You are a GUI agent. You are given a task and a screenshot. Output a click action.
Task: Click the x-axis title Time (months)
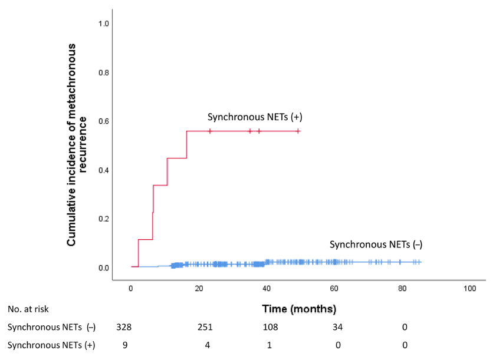point(299,309)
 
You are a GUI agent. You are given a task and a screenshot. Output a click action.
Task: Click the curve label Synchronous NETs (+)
point(254,117)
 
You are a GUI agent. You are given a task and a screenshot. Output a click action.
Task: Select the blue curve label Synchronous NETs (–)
point(376,245)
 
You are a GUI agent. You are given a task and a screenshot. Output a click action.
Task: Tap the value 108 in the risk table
point(269,327)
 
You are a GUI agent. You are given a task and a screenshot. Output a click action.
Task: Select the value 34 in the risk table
point(337,327)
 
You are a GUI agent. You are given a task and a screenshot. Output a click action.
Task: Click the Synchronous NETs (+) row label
point(52,345)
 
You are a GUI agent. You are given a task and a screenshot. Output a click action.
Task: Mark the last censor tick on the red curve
point(298,131)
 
